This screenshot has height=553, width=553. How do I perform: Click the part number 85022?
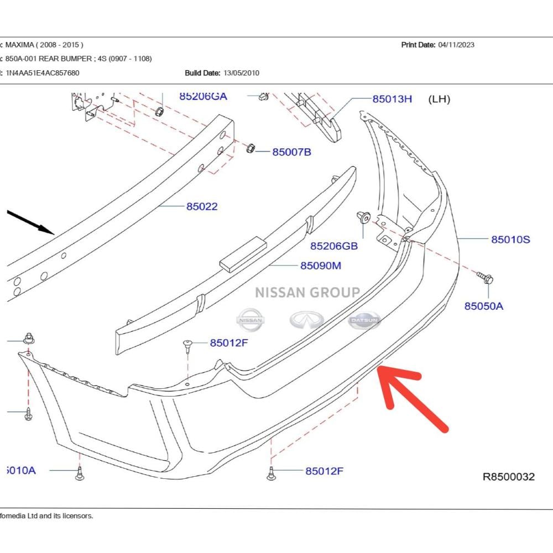[202, 206]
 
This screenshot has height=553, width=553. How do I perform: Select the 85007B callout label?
[291, 152]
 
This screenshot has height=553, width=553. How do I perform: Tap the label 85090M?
[321, 265]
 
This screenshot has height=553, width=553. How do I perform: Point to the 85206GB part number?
[334, 246]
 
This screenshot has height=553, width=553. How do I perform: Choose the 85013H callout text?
[392, 99]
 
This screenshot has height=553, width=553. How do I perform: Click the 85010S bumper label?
[510, 239]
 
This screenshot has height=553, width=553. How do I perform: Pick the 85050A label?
[483, 306]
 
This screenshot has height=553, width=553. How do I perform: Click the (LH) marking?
[439, 99]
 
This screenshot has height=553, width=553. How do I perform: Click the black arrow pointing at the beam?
[30, 222]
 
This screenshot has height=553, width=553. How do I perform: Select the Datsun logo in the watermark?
[364, 320]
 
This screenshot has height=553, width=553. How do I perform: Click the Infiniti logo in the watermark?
[307, 320]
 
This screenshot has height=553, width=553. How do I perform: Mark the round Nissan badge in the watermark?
[250, 320]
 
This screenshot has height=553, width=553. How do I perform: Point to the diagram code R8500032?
[509, 477]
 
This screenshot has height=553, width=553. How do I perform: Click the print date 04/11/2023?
[456, 45]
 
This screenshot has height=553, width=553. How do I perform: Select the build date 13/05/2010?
[241, 73]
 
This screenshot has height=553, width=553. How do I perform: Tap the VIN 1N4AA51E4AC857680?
[43, 73]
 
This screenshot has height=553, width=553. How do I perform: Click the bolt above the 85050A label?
[486, 278]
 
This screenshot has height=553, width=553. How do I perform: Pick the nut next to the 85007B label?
[251, 148]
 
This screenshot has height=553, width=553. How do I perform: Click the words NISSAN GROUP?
[307, 293]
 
